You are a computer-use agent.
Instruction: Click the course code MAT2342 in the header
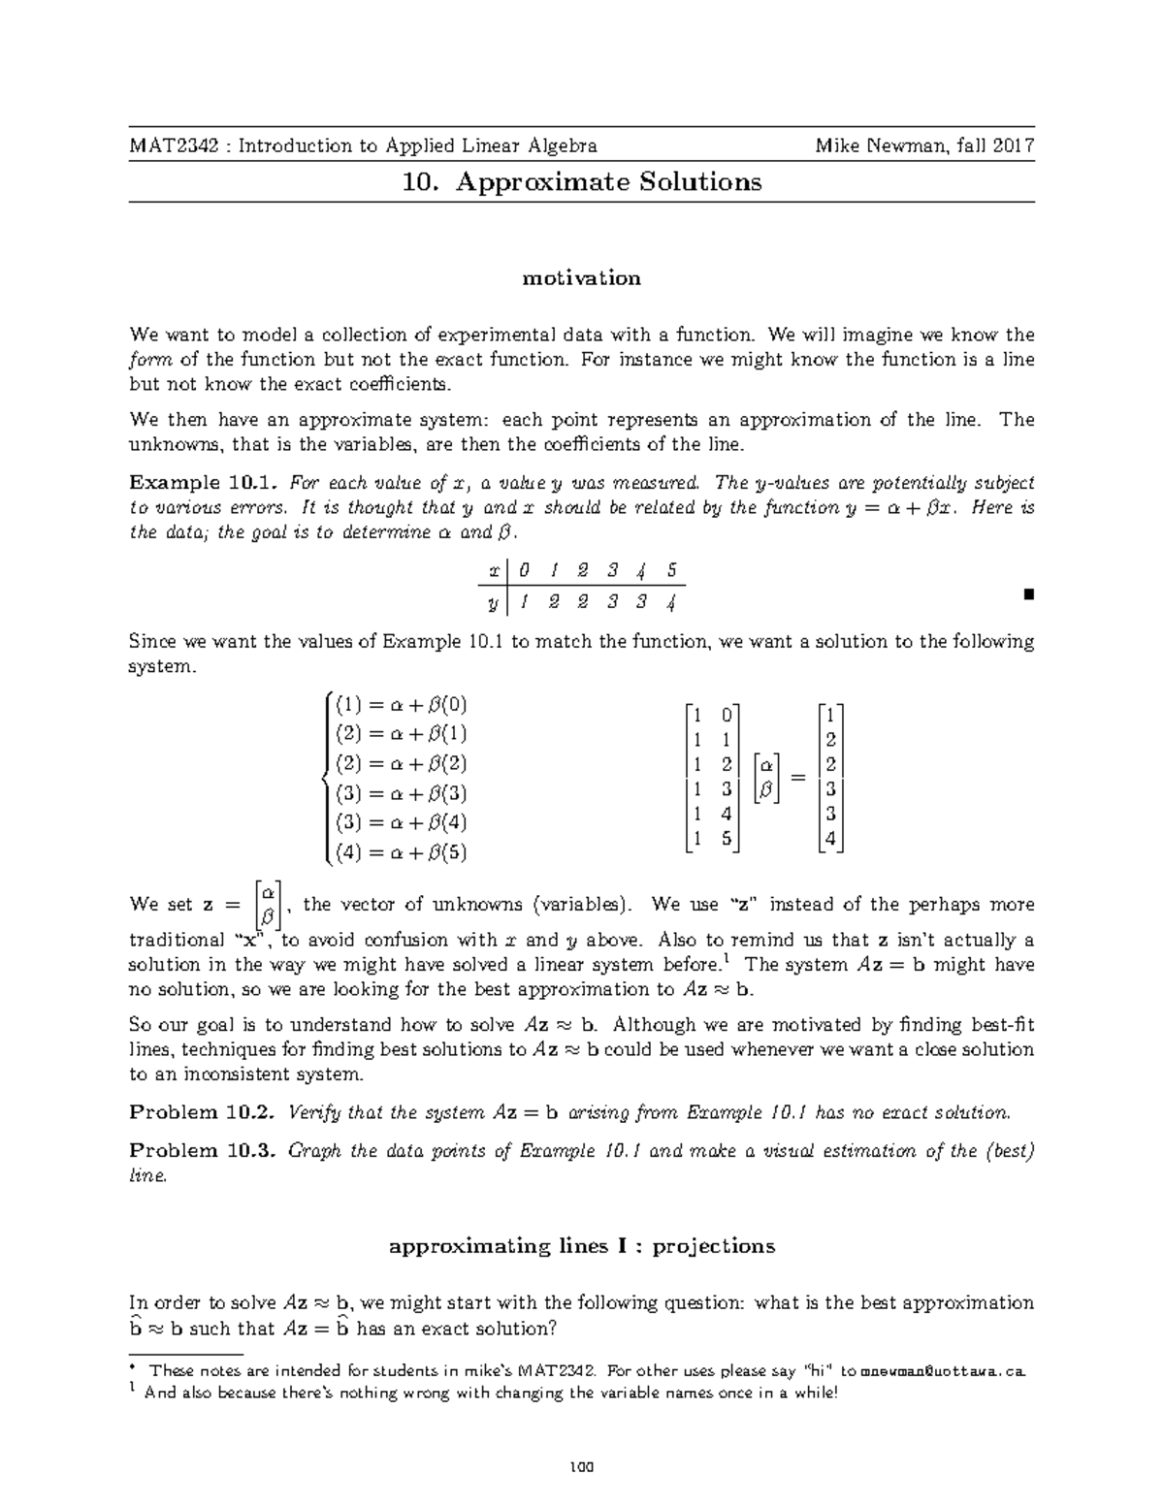tap(164, 146)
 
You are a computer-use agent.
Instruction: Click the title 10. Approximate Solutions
tap(582, 182)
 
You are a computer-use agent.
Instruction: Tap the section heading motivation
tap(582, 278)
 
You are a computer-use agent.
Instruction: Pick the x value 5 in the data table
tap(672, 570)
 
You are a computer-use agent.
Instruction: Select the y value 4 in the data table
tap(671, 602)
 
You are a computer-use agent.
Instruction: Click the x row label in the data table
tap(495, 570)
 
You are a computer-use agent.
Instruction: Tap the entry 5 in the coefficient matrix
tap(727, 839)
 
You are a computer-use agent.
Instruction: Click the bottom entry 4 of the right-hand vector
tap(830, 839)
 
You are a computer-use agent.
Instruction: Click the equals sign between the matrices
tap(797, 778)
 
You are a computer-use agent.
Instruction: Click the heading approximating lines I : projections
tap(582, 1246)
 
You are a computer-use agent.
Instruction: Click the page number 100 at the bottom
tap(582, 1465)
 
